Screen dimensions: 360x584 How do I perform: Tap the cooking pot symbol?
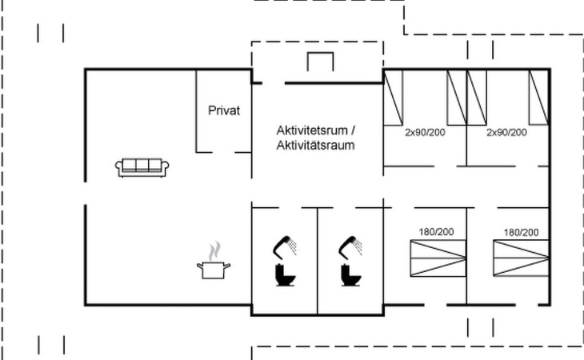[x=213, y=270]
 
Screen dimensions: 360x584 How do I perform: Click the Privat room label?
[x=224, y=111]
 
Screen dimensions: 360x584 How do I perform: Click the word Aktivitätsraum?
[x=315, y=146]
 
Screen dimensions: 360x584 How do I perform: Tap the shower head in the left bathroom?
[x=286, y=244]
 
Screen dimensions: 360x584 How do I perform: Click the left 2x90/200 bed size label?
[x=424, y=132]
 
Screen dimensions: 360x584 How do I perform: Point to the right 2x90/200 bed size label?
[x=507, y=132]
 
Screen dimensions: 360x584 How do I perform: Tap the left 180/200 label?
[x=435, y=232]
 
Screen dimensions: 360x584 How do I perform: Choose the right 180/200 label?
[x=521, y=232]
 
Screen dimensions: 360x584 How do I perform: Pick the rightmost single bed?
[x=538, y=97]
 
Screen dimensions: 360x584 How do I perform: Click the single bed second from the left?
[x=456, y=97]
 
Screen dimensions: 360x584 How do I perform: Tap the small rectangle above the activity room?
[x=320, y=62]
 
